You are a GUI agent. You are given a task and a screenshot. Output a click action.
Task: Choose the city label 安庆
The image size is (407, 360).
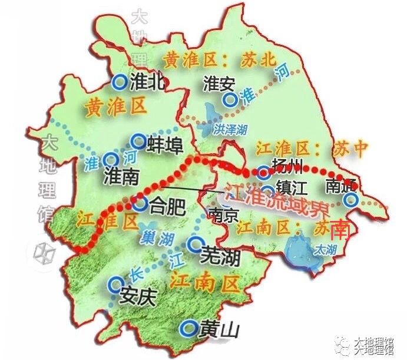(136, 295)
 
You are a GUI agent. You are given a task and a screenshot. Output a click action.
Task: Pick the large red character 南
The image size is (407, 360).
(342, 229)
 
